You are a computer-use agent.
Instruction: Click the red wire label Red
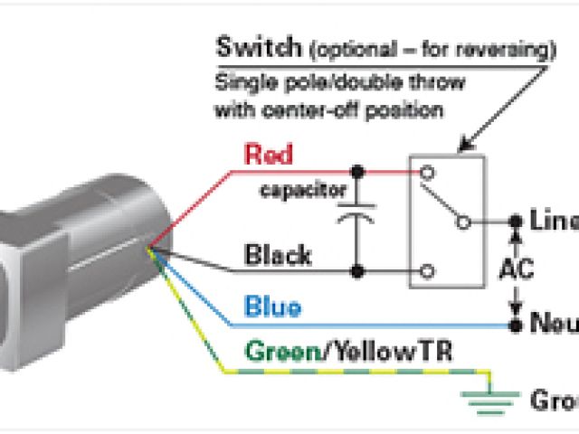click(x=269, y=155)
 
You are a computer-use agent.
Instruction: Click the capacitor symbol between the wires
click(x=358, y=217)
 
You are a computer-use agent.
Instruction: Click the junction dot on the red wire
click(x=358, y=169)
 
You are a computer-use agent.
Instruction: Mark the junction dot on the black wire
click(x=358, y=270)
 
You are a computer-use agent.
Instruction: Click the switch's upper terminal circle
click(x=424, y=169)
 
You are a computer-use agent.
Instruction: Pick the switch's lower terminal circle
click(x=424, y=270)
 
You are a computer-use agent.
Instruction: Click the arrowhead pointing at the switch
click(x=462, y=145)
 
